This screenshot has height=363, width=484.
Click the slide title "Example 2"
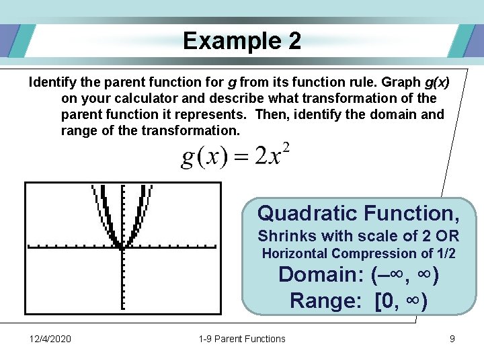(241, 42)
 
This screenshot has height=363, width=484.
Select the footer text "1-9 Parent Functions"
(242, 339)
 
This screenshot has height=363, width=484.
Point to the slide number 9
(452, 339)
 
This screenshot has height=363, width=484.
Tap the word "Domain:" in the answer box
(321, 275)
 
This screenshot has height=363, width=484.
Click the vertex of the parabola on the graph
(122, 247)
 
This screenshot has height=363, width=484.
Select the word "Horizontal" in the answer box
(294, 254)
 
